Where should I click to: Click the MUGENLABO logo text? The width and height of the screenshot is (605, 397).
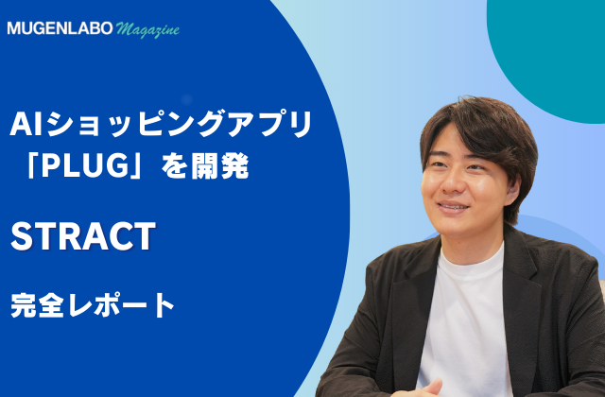click(x=60, y=28)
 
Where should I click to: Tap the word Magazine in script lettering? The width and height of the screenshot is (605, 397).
click(x=147, y=29)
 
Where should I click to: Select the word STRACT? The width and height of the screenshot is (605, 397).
click(x=83, y=236)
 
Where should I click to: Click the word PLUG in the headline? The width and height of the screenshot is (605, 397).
click(x=85, y=165)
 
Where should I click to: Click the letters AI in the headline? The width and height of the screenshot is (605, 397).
click(x=26, y=124)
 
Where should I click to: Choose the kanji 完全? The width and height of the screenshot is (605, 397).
click(x=37, y=304)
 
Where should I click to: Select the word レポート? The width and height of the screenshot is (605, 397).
click(x=121, y=304)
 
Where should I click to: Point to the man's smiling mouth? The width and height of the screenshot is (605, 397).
click(x=454, y=207)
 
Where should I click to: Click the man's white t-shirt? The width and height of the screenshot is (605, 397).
click(x=463, y=320)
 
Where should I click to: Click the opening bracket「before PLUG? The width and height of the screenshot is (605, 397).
click(x=31, y=166)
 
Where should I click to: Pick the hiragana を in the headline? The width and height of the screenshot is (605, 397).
click(x=174, y=166)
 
